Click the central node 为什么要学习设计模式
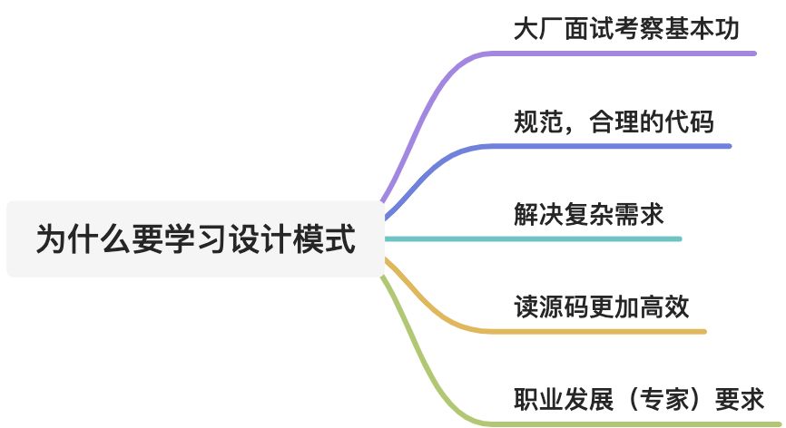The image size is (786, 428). tap(195, 239)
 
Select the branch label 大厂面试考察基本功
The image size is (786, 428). tap(625, 29)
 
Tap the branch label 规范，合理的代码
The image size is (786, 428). tap(614, 122)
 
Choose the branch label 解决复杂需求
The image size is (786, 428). tap(588, 214)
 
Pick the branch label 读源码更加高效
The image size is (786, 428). tap(601, 306)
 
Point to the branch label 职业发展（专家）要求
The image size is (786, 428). tap(639, 399)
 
